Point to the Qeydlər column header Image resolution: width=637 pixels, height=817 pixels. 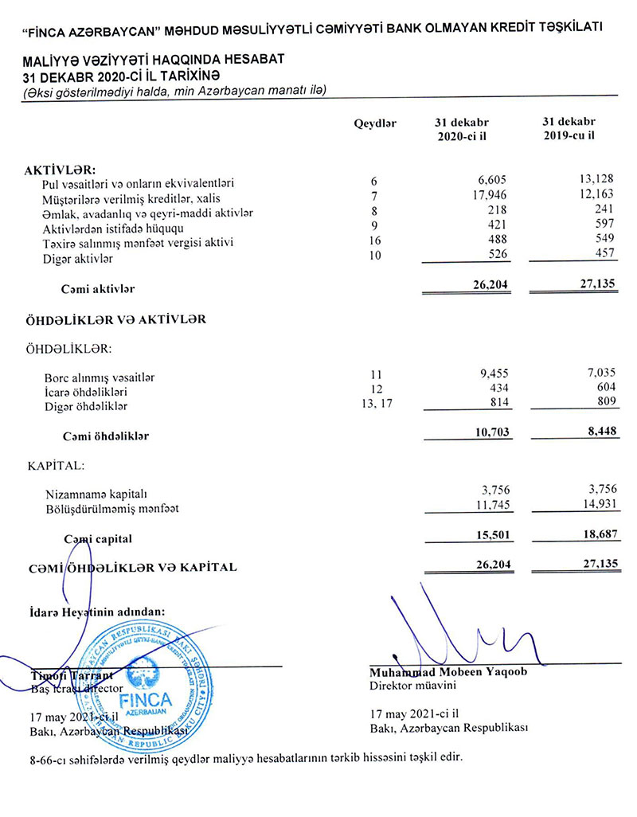tap(374, 123)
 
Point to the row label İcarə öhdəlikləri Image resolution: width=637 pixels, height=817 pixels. tap(87, 392)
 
